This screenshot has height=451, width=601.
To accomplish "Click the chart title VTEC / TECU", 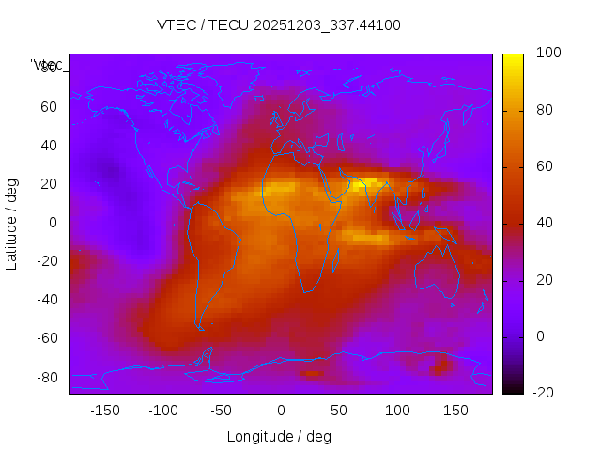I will [279, 25].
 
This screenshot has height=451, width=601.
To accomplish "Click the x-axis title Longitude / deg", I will [279, 436].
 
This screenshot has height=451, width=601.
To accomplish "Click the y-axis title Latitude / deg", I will [12, 223].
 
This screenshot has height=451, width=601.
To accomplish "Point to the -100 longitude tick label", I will [162, 410].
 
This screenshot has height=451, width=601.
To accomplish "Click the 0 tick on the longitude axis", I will [280, 410].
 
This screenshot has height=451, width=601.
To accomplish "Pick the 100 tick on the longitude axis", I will [397, 410].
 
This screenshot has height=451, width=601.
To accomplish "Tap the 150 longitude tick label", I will [455, 410].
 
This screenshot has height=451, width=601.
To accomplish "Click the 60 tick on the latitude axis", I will [49, 107].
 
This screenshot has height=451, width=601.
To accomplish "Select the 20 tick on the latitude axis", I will [49, 184].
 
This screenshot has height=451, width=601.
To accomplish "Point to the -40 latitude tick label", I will [45, 300].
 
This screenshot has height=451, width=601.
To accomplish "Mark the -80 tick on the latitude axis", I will [45, 377].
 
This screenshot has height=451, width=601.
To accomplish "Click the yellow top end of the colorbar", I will [513, 58].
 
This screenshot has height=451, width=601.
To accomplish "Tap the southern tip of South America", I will [200, 326].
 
